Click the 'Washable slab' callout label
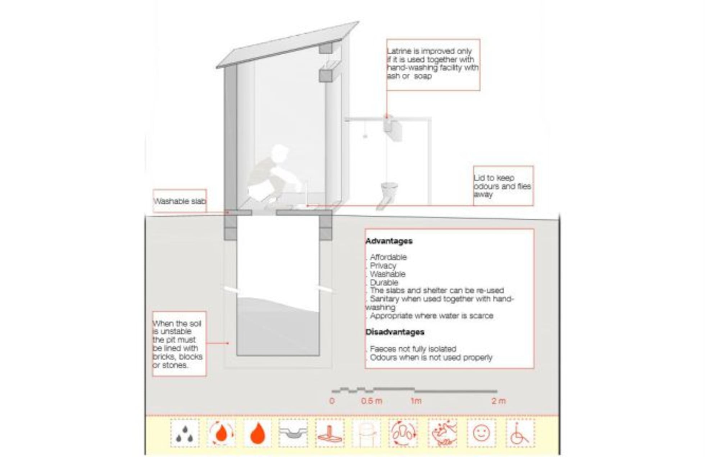click(x=179, y=201)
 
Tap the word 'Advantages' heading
click(x=389, y=241)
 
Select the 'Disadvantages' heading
click(x=395, y=332)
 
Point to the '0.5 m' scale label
click(x=372, y=401)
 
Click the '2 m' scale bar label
click(x=499, y=401)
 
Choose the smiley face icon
click(x=482, y=433)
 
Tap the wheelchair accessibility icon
click(x=519, y=433)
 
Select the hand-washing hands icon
click(x=443, y=433)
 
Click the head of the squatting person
click(x=279, y=152)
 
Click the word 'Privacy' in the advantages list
click(x=383, y=266)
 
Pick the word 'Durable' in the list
click(x=384, y=283)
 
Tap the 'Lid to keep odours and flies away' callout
click(x=503, y=186)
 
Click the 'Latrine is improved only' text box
click(x=433, y=65)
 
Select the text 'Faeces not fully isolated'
click(x=413, y=349)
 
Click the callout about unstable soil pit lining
click(x=179, y=344)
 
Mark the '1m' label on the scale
click(x=416, y=401)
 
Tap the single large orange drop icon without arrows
click(x=258, y=433)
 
